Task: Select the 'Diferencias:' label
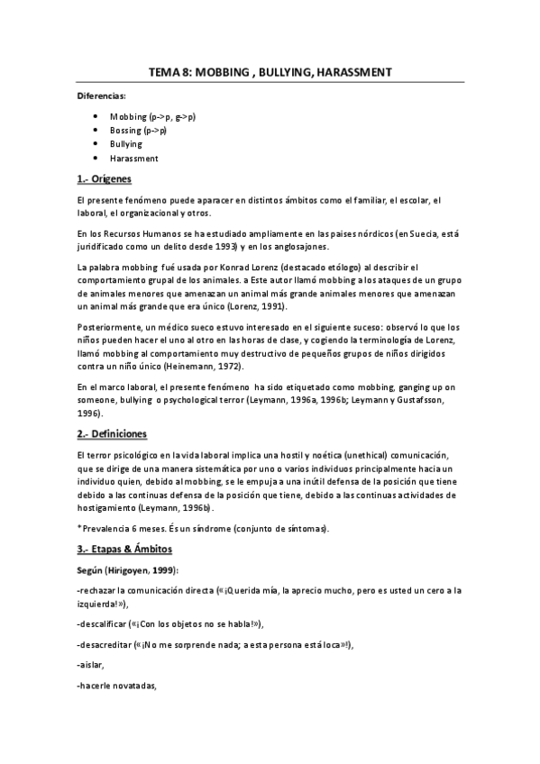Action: (x=101, y=95)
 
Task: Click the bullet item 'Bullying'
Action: (x=126, y=144)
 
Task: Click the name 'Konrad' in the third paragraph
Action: (x=220, y=268)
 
